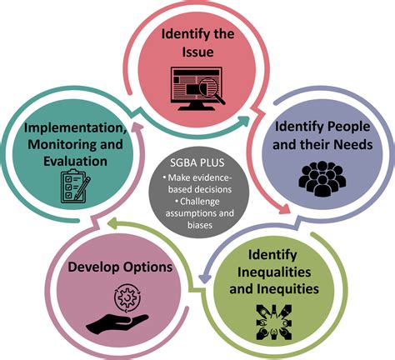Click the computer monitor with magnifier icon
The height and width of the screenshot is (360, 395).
click(x=197, y=88)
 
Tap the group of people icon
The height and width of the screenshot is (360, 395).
click(x=322, y=179)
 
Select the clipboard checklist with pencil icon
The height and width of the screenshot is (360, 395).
click(x=75, y=186)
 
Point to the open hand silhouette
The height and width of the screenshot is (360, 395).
click(x=117, y=323)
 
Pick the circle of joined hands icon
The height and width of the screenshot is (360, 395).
click(x=274, y=322)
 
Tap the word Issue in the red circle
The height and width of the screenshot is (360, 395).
click(x=197, y=52)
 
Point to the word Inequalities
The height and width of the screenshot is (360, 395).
click(x=274, y=272)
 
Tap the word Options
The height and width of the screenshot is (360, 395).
click(x=147, y=267)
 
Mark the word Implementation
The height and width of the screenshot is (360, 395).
click(x=76, y=128)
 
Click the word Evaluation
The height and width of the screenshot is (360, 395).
click(x=75, y=162)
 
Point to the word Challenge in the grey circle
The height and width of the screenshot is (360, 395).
click(x=199, y=202)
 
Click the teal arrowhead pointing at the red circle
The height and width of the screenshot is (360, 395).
click(x=243, y=120)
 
